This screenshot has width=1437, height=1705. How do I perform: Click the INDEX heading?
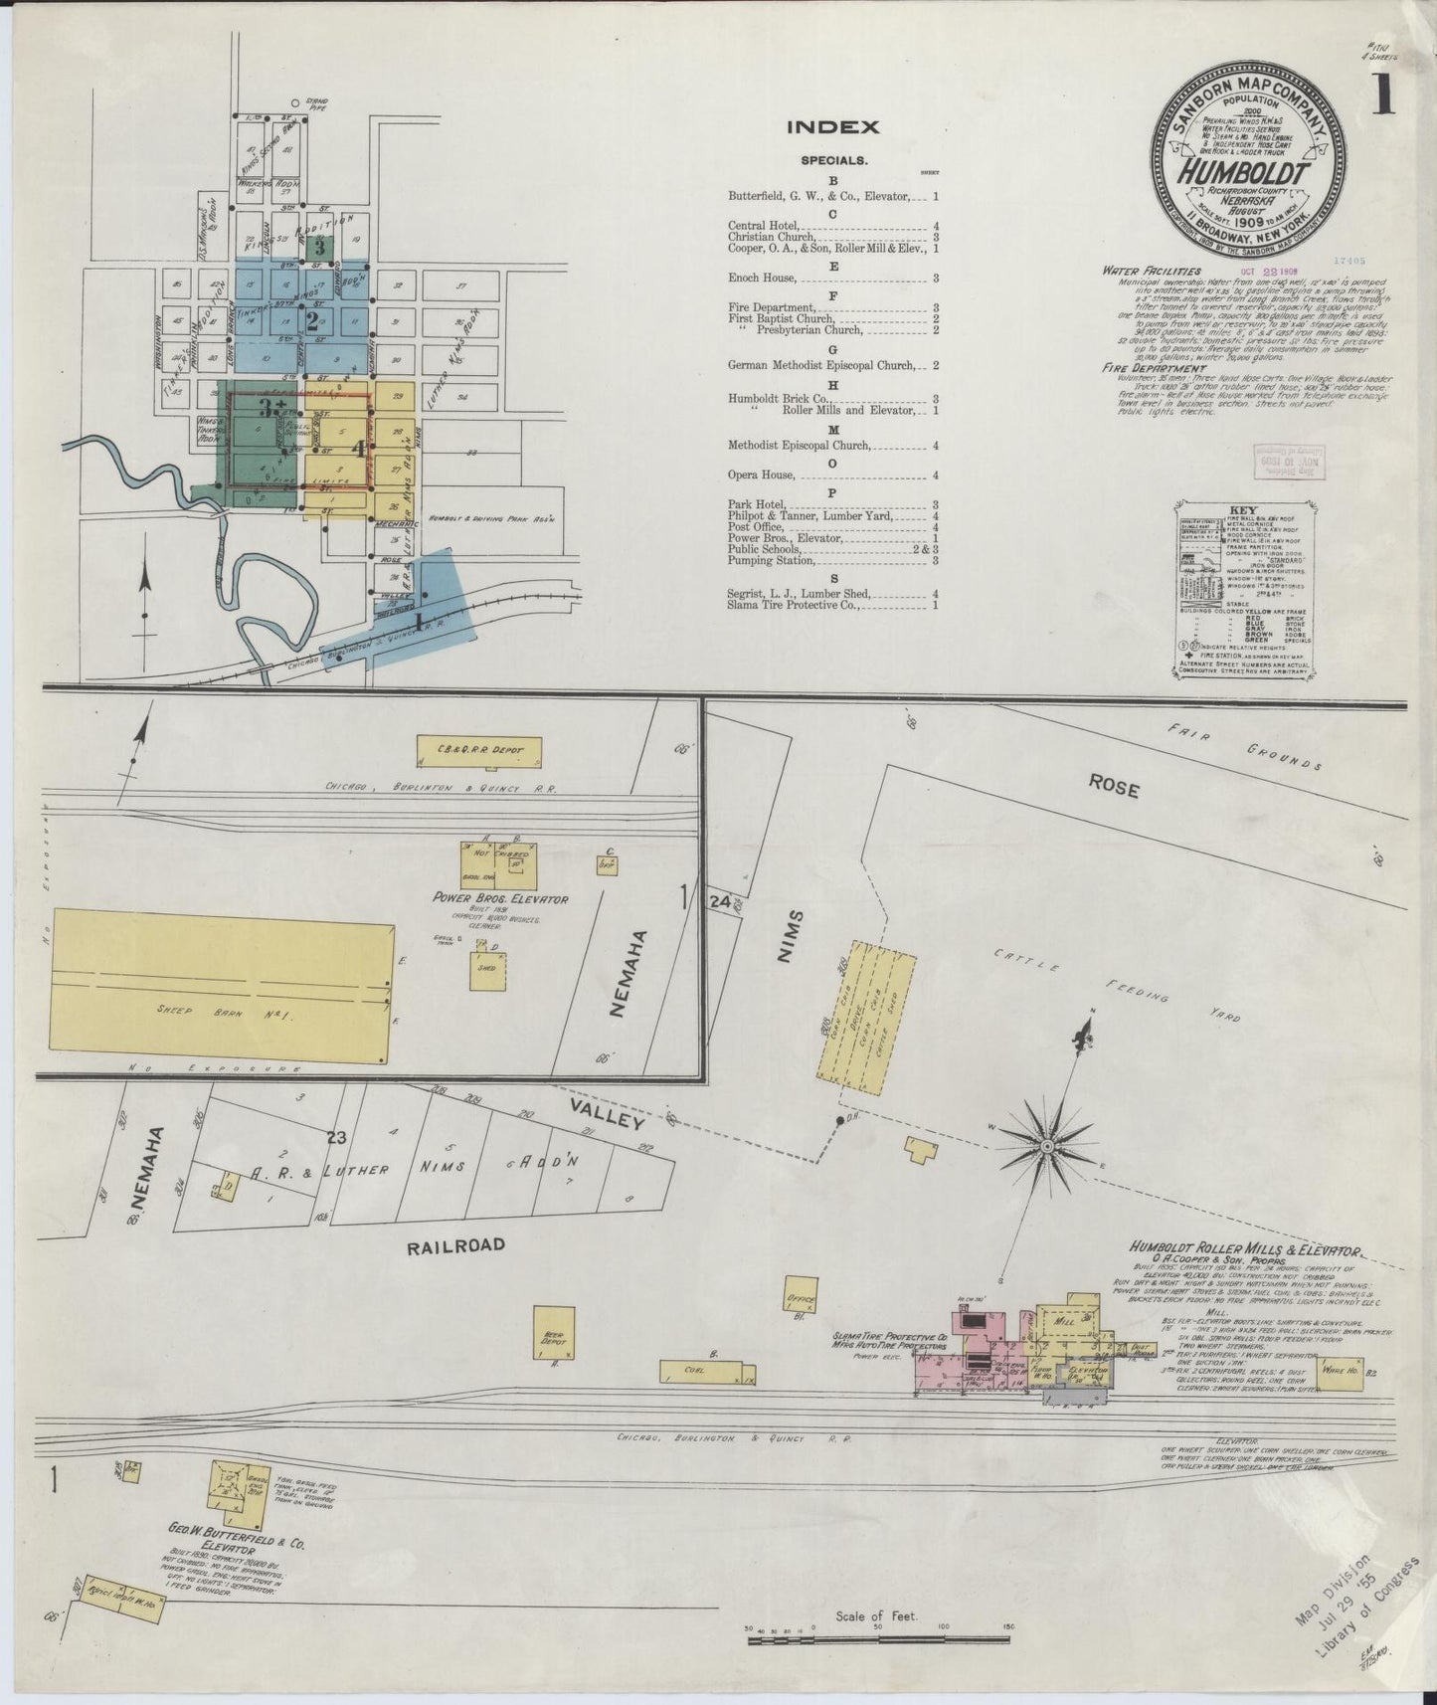click(833, 127)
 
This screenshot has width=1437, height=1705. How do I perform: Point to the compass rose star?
click(1047, 1147)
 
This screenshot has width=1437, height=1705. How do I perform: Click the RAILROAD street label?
click(457, 1244)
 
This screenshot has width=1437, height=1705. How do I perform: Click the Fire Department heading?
click(1147, 367)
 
